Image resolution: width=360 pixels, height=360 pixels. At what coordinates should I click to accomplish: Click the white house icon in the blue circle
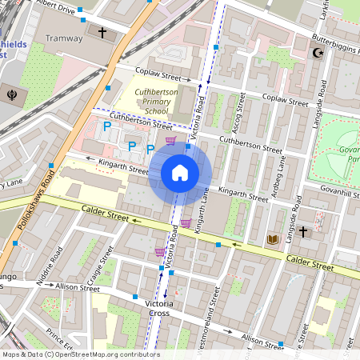pyautogui.click(x=180, y=172)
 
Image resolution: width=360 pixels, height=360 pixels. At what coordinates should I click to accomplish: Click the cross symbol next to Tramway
pyautogui.click(x=102, y=34)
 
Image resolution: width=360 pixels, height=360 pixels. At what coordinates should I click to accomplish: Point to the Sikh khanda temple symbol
pyautogui.click(x=11, y=90)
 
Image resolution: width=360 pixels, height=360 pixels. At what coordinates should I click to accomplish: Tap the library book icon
pyautogui.click(x=273, y=239)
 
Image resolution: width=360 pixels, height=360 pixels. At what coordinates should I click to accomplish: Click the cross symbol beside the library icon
pyautogui.click(x=302, y=232)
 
